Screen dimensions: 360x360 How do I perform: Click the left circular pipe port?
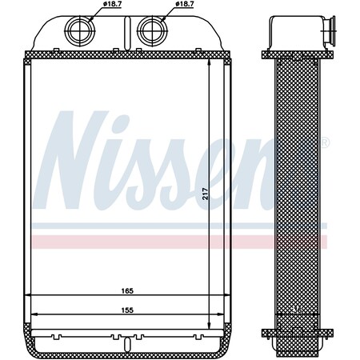coord(79,31)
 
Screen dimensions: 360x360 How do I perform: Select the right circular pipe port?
coord(150,31)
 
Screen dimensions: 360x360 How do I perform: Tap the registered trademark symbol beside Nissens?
coord(325,145)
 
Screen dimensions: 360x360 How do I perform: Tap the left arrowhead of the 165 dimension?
coord(30,296)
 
